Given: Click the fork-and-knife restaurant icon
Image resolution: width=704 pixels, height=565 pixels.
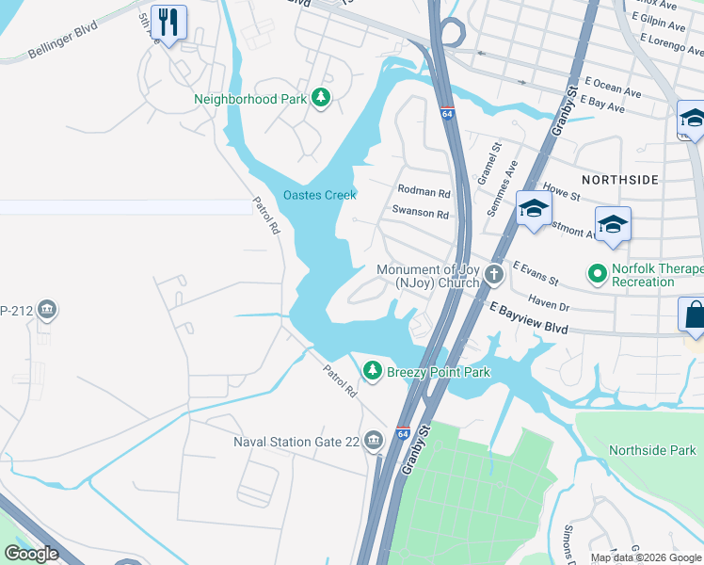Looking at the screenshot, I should pos(168,23).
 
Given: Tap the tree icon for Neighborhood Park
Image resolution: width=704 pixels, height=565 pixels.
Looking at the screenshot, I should pos(321,98).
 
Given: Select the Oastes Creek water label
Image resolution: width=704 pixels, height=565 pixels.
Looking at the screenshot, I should pos(320,195).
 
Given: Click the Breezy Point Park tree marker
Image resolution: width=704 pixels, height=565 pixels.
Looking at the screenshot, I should pos(374,372).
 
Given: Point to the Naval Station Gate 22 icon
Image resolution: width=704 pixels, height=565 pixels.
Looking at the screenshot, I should pos(374,440).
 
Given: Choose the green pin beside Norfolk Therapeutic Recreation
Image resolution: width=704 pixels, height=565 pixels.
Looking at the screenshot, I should pos(596,275).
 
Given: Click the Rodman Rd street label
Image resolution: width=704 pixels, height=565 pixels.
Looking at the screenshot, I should pos(424,193).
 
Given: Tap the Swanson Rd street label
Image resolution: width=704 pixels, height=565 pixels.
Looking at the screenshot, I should pos(420,214).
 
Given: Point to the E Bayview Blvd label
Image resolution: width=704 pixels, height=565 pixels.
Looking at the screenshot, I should pos(529,316).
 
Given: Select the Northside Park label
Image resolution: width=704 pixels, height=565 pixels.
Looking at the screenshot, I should pos(652,451).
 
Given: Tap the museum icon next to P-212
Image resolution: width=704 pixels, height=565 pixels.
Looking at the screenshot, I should pos(47,309).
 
